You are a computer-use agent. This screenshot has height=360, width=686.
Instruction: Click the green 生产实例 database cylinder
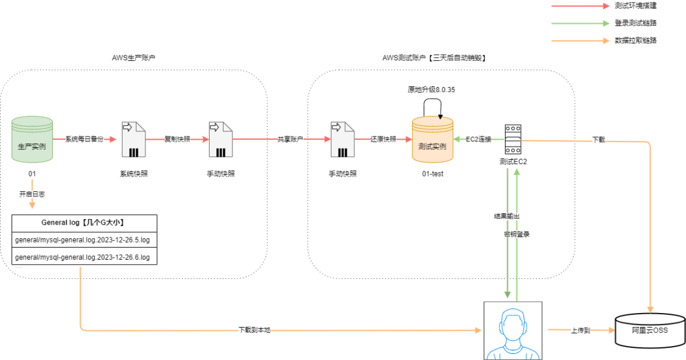tap(32, 140)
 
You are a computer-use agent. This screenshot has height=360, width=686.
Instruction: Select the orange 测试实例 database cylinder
tap(433, 140)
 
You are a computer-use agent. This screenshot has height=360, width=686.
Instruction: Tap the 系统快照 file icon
tap(133, 140)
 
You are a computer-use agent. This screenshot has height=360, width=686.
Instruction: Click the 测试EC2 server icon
tap(513, 139)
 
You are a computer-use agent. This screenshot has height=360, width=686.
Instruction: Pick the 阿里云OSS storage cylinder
tap(650, 330)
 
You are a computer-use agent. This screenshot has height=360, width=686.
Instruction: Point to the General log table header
tap(84, 223)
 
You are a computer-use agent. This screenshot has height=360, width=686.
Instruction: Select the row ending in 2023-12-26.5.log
tap(84, 240)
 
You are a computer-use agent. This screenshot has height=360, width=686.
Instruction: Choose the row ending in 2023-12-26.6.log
tap(84, 257)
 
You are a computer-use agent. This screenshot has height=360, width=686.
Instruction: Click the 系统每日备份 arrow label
tap(84, 139)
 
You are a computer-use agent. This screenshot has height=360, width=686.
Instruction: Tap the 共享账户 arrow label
tap(290, 139)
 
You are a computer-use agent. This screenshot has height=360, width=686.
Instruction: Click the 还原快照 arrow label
tap(383, 139)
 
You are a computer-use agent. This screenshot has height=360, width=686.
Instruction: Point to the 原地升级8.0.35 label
tap(431, 90)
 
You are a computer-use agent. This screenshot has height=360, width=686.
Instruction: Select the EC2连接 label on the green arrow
tap(479, 139)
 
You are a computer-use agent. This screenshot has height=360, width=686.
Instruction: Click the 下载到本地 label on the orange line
tap(255, 330)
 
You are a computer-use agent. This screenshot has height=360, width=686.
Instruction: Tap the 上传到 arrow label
tap(581, 330)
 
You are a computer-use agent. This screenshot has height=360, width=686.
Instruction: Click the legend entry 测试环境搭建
tap(636, 6)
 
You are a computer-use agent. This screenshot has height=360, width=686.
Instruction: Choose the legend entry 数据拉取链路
tap(636, 40)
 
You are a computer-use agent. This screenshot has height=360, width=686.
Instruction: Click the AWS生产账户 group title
tap(133, 58)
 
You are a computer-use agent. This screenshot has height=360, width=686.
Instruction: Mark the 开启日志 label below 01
tap(32, 194)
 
